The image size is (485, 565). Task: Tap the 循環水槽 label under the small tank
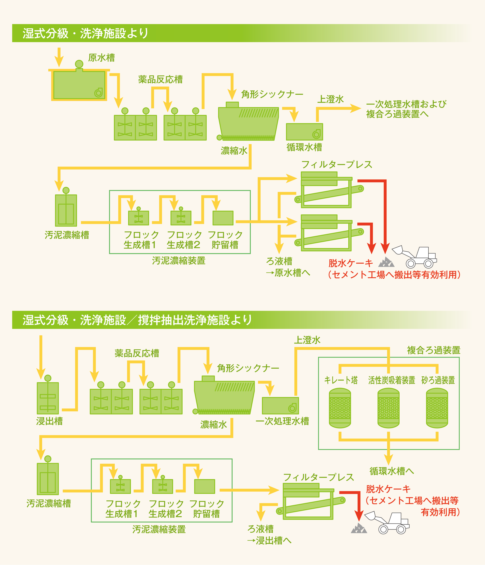(304, 147)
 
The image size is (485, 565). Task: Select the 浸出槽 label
(49, 421)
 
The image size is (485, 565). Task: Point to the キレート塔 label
(341, 380)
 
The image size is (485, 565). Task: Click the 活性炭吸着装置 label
(391, 380)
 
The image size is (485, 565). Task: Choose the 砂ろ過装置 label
(438, 380)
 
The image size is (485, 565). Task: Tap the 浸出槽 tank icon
(48, 398)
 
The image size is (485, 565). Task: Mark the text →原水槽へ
(288, 273)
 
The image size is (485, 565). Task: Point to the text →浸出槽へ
(269, 541)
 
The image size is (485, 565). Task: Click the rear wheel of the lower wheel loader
(401, 529)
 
